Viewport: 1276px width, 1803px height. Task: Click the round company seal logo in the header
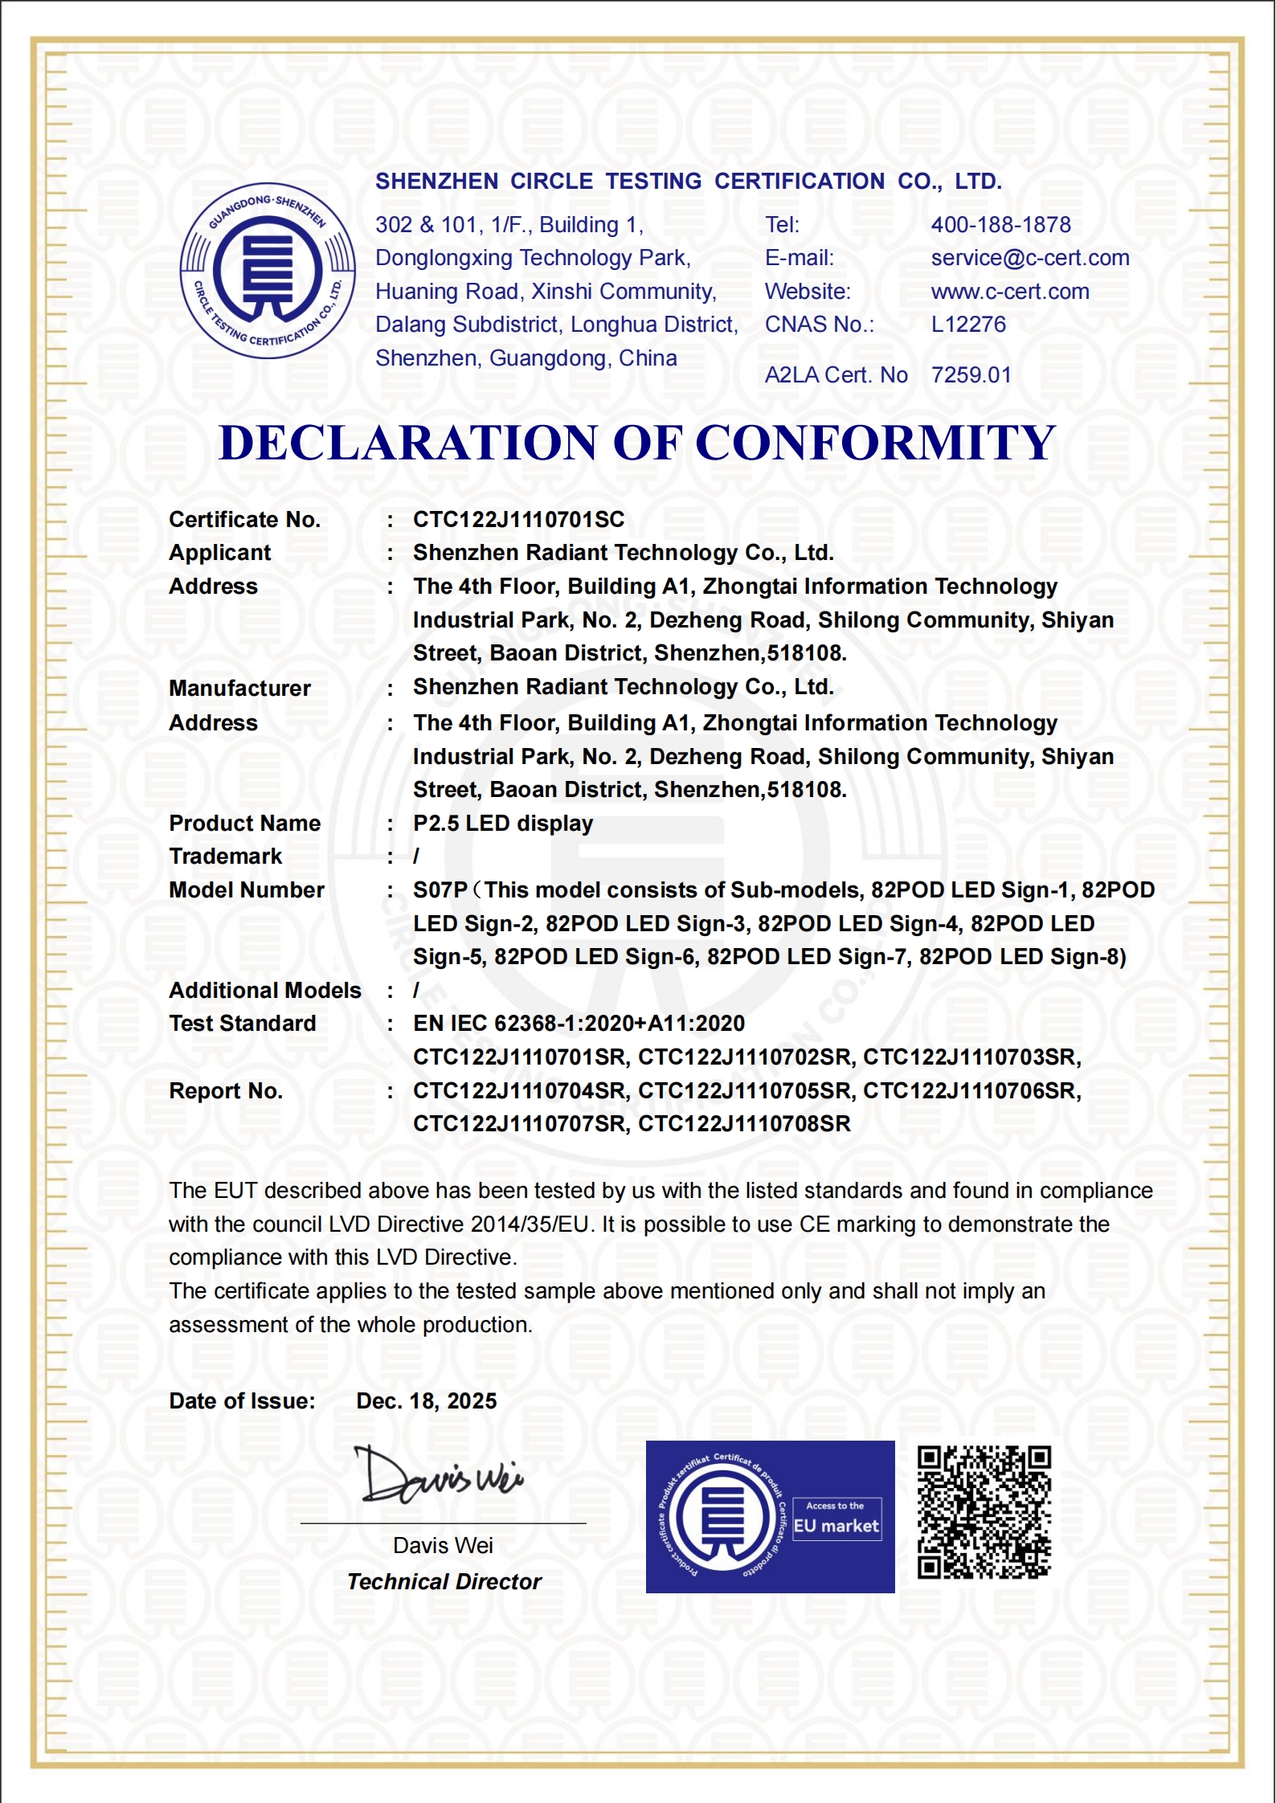tap(268, 271)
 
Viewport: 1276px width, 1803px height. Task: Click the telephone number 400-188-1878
tap(1000, 225)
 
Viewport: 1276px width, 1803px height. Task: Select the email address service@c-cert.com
tap(1030, 258)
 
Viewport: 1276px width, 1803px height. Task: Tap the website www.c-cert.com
tap(1010, 292)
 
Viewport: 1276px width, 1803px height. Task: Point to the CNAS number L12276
tap(968, 325)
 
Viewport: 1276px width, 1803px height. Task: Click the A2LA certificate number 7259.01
tap(971, 375)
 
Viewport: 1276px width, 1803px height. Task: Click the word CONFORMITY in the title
tap(875, 443)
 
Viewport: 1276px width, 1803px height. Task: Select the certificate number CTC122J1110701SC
tap(518, 520)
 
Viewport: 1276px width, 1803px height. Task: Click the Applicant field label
tap(219, 554)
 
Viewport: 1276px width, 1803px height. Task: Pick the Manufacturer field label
tap(239, 689)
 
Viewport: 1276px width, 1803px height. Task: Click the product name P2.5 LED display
tap(503, 824)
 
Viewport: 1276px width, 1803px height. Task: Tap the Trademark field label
tap(225, 857)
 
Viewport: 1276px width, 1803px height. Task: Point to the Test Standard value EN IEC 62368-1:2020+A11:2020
tap(579, 1024)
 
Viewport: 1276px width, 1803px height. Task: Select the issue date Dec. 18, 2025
tap(426, 1401)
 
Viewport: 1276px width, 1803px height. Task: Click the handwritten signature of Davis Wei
tap(439, 1476)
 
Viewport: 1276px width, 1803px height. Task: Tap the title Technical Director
tap(444, 1582)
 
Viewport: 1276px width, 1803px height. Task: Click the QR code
tap(984, 1512)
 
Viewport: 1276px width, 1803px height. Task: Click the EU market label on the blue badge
tap(836, 1526)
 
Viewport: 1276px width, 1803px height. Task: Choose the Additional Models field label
tap(265, 991)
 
